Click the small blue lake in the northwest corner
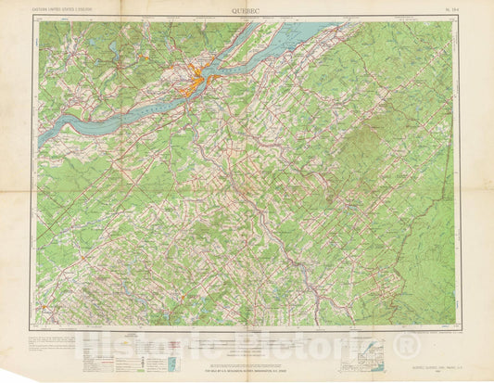click(x=110, y=45)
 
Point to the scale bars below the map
click(x=246, y=338)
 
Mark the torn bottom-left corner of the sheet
click(x=7, y=375)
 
